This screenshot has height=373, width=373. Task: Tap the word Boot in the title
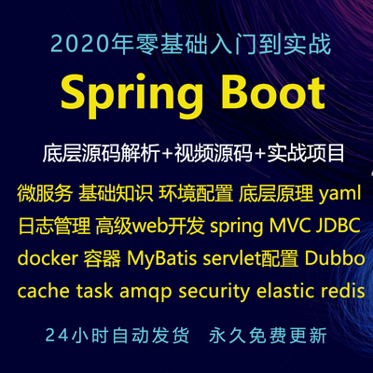click(x=273, y=91)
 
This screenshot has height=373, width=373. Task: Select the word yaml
click(x=340, y=193)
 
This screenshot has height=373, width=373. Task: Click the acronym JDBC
click(x=338, y=226)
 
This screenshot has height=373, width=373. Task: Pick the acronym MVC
click(x=290, y=226)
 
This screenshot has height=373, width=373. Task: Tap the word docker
click(x=48, y=258)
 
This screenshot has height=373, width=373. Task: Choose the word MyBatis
click(x=161, y=258)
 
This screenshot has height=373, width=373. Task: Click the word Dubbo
click(x=335, y=258)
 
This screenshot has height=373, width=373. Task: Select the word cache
click(x=44, y=291)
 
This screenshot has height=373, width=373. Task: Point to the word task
click(x=94, y=291)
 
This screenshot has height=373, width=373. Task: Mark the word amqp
click(x=145, y=292)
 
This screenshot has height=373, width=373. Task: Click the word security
click(x=214, y=292)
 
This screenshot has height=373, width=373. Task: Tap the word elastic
click(x=285, y=291)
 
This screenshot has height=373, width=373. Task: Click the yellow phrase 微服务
click(x=45, y=193)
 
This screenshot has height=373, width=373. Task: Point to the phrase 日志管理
click(x=55, y=226)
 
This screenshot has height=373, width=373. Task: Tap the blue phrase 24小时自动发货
click(x=117, y=336)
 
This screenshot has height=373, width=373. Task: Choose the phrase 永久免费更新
click(x=268, y=336)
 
